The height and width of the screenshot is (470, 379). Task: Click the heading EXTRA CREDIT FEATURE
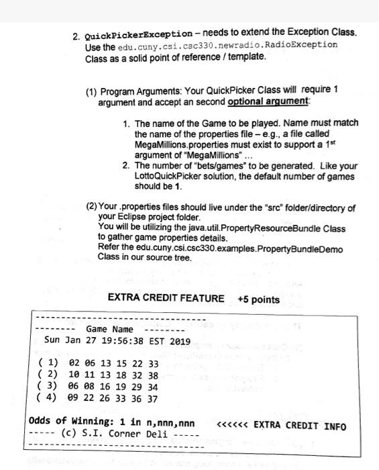[166, 299]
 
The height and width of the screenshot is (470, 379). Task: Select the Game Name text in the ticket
[109, 329]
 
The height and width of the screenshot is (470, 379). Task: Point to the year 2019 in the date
[179, 341]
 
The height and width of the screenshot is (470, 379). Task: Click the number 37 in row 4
[153, 398]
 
